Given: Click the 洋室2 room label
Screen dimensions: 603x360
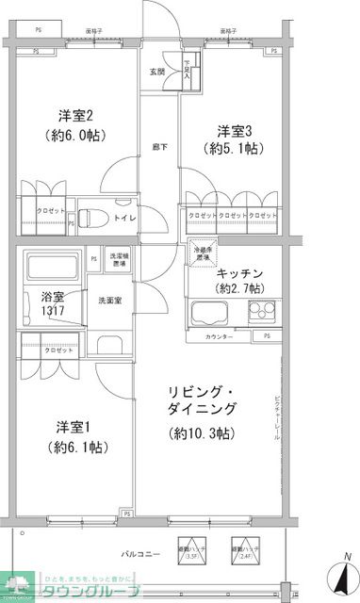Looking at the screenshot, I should [x=74, y=117].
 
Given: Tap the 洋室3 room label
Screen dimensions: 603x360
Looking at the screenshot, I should [x=235, y=131].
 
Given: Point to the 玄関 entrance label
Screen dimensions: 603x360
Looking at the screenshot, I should [x=157, y=73].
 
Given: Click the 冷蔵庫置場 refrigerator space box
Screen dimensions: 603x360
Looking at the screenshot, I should [x=201, y=253].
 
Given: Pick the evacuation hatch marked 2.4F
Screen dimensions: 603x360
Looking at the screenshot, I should [x=245, y=547].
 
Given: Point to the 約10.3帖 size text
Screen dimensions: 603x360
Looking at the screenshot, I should [x=202, y=434].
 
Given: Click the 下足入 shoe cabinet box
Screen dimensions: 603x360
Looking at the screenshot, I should [x=188, y=72].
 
